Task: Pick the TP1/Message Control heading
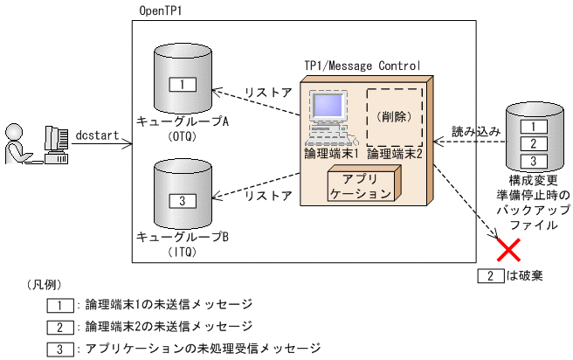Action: (362, 66)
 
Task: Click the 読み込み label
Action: (475, 130)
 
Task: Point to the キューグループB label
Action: (183, 237)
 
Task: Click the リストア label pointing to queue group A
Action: (268, 92)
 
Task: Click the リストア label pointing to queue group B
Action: (268, 196)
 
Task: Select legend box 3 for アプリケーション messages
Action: (59, 349)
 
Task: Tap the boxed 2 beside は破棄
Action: (490, 276)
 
